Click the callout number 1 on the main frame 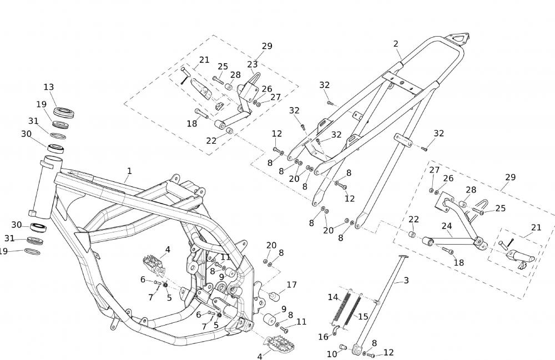[x=129, y=171]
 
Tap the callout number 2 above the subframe [x=396, y=44]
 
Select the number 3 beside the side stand [x=406, y=281]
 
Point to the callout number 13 [x=49, y=87]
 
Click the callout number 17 [x=291, y=285]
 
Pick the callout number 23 [x=253, y=64]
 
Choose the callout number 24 [x=447, y=226]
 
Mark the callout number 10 [x=331, y=353]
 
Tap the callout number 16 [x=324, y=337]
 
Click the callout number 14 [x=332, y=297]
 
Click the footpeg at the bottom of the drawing [x=280, y=347]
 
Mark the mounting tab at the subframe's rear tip [x=460, y=39]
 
